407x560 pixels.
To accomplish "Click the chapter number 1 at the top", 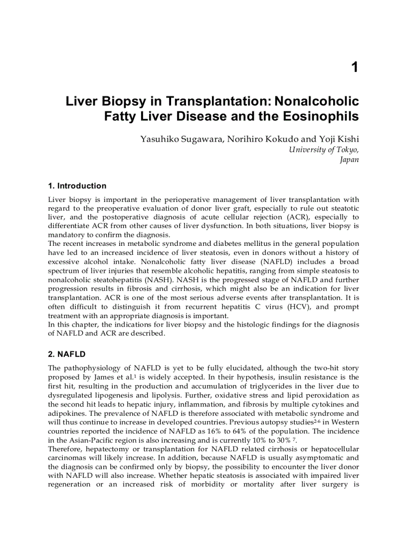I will click(x=355, y=67).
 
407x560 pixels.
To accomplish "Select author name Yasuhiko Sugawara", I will click(x=182, y=139).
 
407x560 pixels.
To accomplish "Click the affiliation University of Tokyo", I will click(x=323, y=150).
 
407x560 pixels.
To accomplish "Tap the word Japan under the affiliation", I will click(x=349, y=160).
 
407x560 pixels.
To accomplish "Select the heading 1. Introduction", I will click(x=77, y=186).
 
